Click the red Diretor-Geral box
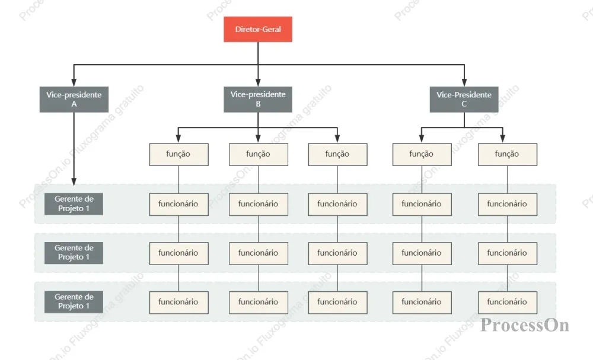(258, 29)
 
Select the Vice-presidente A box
(74, 100)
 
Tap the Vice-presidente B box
(258, 100)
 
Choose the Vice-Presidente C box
(464, 100)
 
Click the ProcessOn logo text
(525, 325)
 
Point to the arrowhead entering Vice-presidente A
(74, 83)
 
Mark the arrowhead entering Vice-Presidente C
(464, 83)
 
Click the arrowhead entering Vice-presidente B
(258, 83)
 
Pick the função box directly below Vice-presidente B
(259, 154)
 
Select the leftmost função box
(178, 154)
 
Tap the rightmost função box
(508, 154)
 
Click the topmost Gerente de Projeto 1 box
(74, 204)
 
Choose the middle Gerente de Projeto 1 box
(74, 253)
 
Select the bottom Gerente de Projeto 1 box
(74, 302)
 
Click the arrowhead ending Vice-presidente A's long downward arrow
(74, 182)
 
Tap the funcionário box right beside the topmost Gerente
(178, 204)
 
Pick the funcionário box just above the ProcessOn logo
(508, 302)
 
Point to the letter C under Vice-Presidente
(464, 104)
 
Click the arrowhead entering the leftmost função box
(178, 139)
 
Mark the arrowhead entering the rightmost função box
(503, 139)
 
